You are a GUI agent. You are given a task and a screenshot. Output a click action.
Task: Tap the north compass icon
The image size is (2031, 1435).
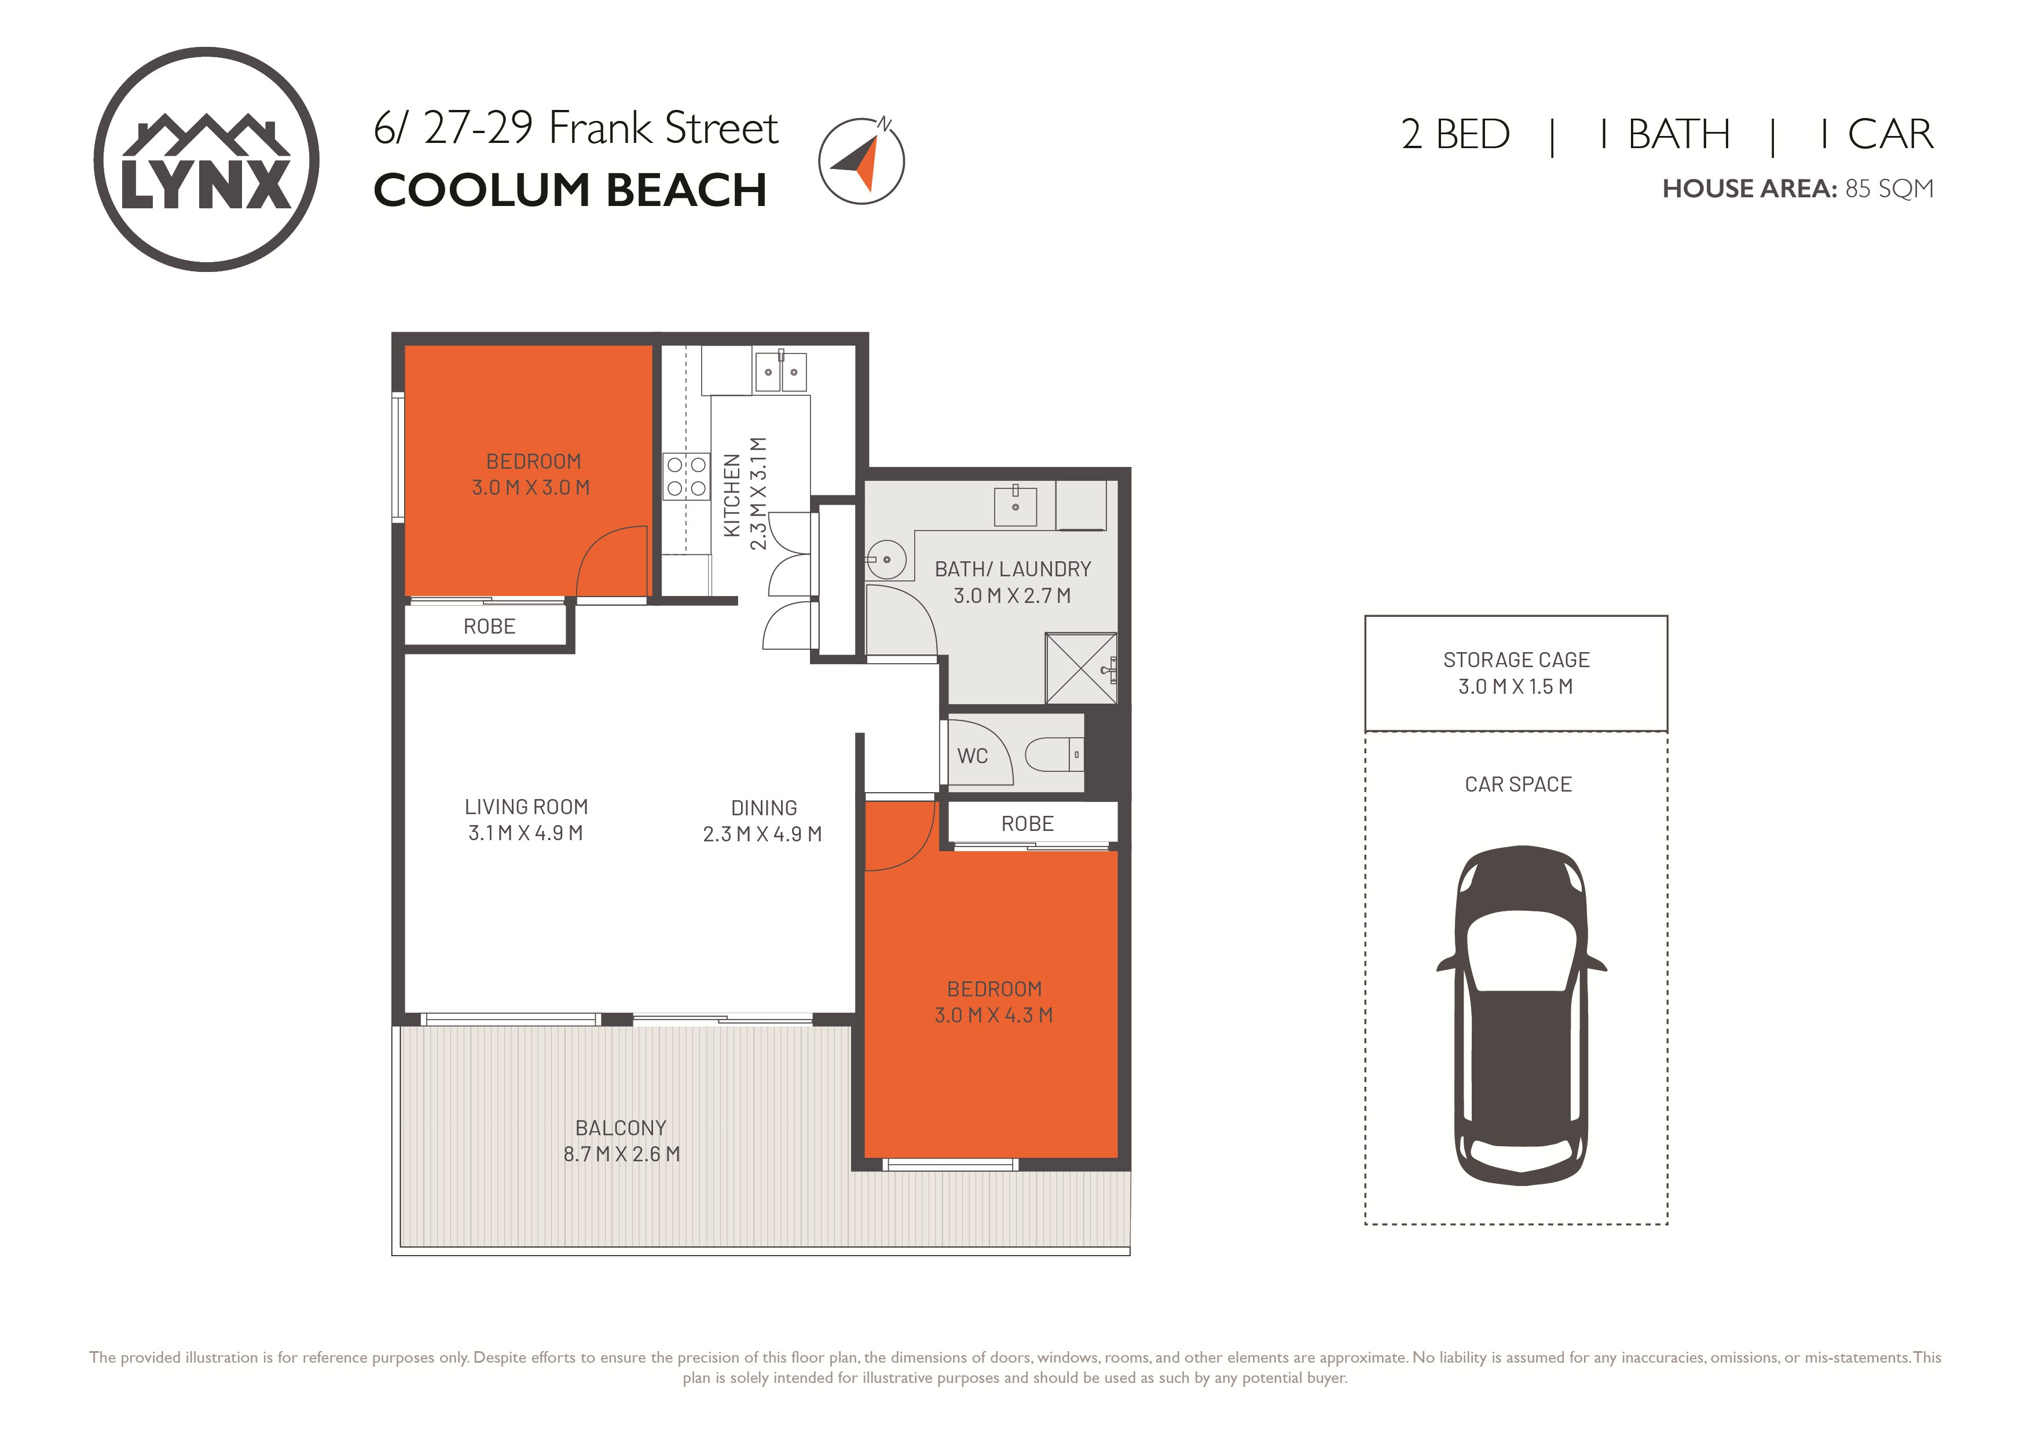[x=861, y=160]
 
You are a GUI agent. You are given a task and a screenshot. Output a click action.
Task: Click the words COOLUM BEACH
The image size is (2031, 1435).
[x=570, y=190]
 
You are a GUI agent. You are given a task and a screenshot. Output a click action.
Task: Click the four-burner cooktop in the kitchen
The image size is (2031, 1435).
[x=687, y=476]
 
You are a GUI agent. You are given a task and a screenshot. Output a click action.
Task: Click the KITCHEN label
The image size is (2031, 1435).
[x=732, y=495]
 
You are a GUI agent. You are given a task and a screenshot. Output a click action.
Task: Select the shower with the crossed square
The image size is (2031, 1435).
[x=1081, y=668]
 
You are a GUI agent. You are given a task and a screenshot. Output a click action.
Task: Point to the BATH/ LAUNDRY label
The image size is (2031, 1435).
[x=1013, y=569]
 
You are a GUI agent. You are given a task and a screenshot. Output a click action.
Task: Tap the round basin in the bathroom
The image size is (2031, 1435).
[x=885, y=560]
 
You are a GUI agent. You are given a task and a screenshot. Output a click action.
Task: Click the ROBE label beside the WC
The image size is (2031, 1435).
[x=1027, y=823]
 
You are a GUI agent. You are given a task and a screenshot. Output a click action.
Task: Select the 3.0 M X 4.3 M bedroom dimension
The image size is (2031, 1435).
[x=993, y=1015]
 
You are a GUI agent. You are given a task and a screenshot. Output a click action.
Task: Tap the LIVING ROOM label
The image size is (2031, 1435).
[x=526, y=807]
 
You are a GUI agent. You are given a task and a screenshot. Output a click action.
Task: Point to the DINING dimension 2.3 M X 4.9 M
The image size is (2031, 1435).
[x=762, y=834]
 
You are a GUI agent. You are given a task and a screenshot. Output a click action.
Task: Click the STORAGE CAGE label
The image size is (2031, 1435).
[x=1516, y=660]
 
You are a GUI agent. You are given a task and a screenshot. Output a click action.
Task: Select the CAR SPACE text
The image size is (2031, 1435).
[x=1518, y=784]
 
